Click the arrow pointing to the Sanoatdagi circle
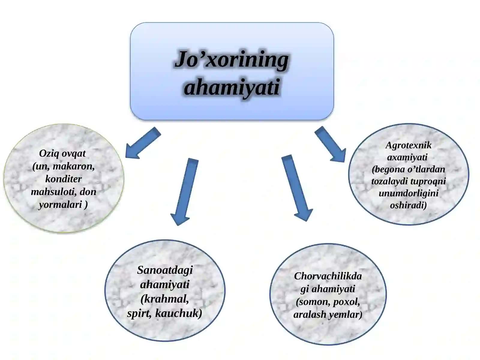point(184,191)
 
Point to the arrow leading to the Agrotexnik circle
point(330,144)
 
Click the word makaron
point(74,166)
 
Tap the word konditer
point(63,179)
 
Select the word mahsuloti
point(54,192)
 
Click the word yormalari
point(60,205)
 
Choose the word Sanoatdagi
point(165,270)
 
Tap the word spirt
point(139,313)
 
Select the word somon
point(310,302)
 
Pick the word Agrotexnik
point(409,145)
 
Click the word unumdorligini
point(409,193)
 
